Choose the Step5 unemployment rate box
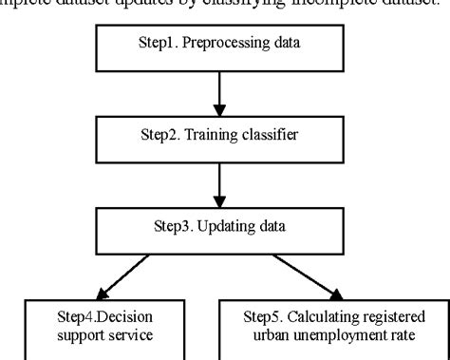point(334,326)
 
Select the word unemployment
point(343,334)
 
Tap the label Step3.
point(174,229)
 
